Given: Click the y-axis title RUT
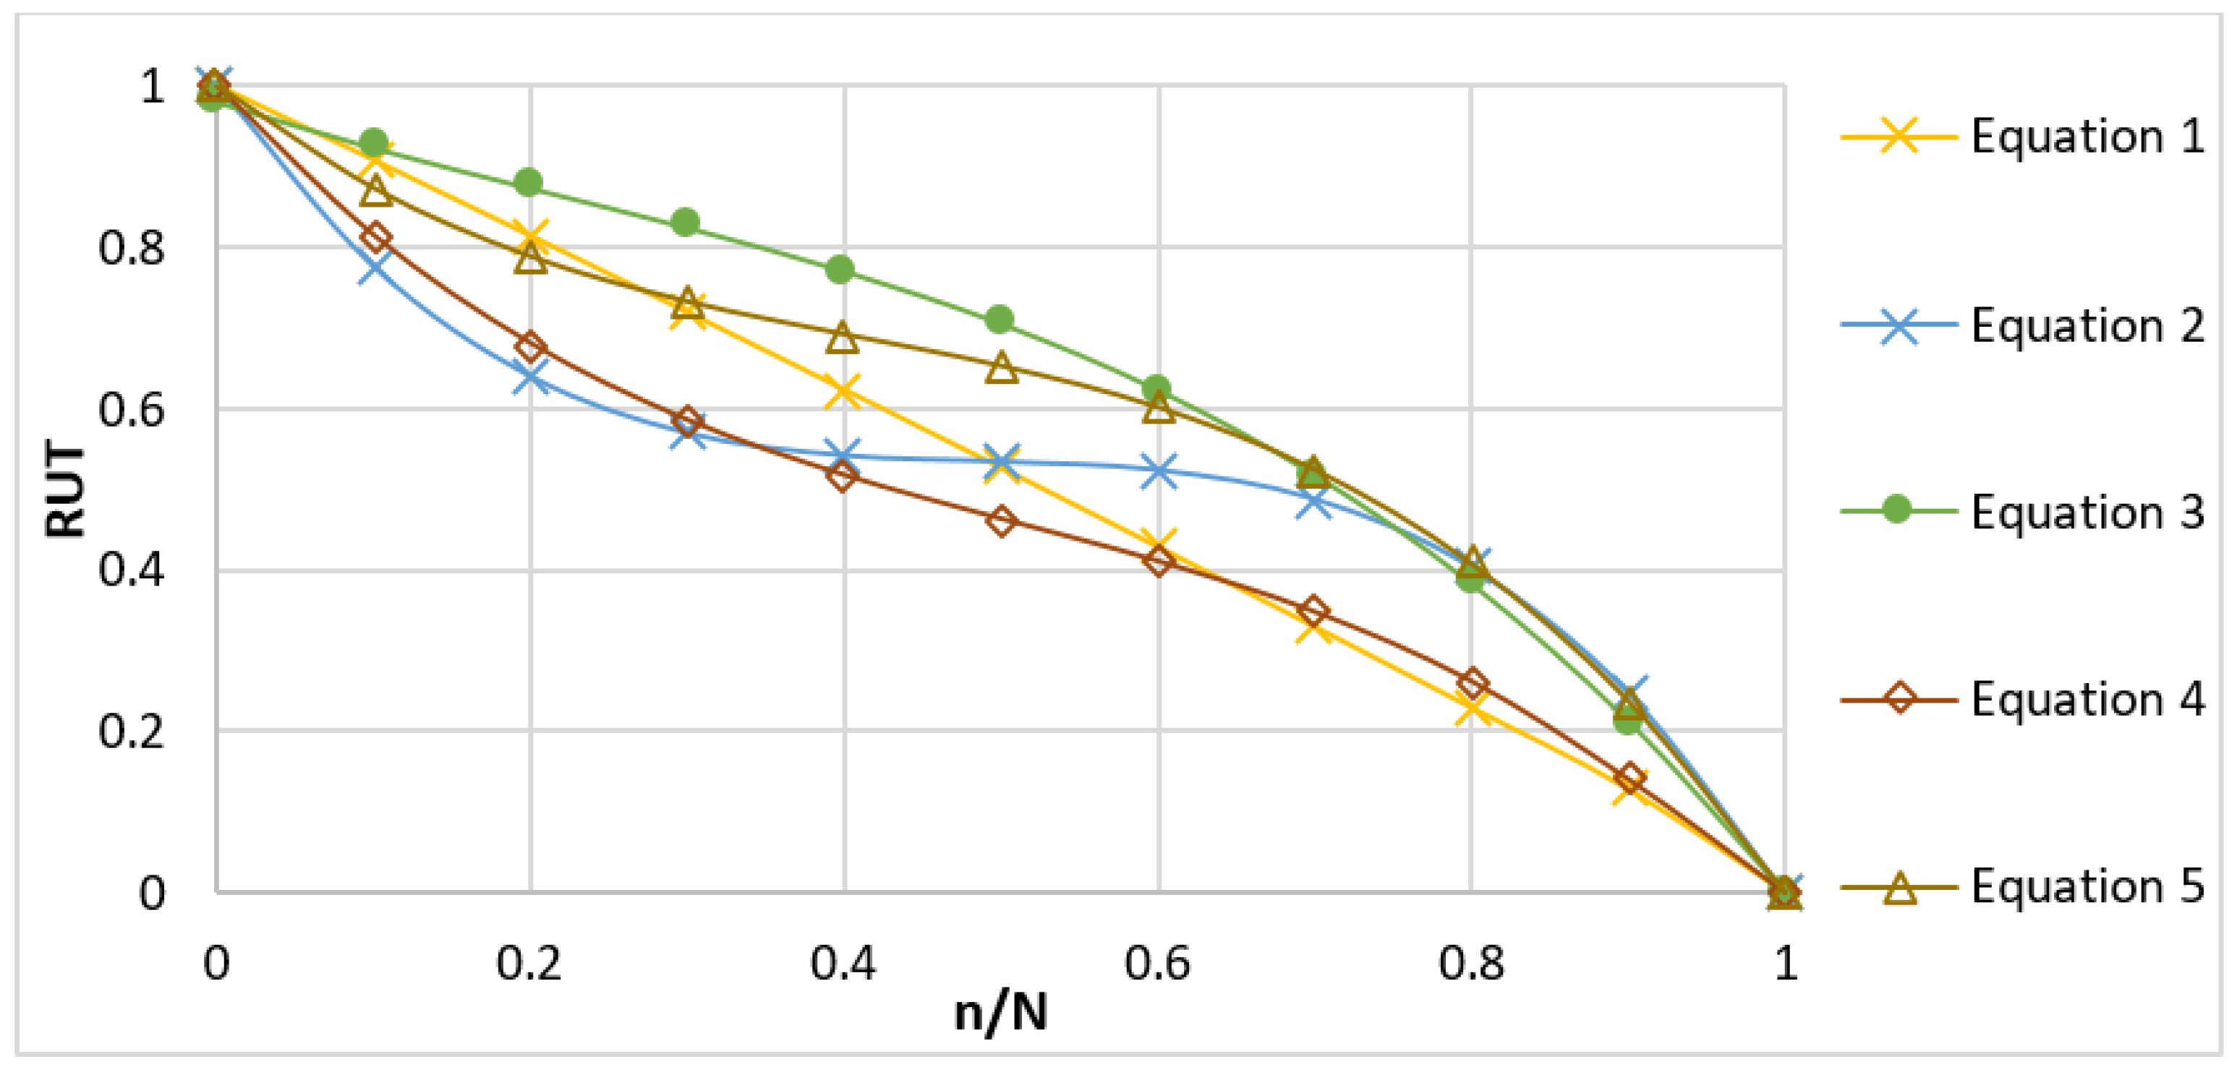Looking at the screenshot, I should coord(66,489).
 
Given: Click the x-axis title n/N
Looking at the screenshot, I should coord(1000,1012).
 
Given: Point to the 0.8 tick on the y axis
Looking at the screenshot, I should coord(131,248).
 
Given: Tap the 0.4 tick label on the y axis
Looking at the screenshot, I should coord(131,571).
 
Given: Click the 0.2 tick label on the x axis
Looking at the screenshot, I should coord(529,963).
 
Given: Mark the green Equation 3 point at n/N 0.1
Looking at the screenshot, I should coord(375,142).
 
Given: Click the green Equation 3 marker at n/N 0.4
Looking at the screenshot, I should coord(840,269).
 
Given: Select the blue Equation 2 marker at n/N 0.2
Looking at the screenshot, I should coord(529,379).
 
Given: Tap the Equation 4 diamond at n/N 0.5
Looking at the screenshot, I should coord(1001,521).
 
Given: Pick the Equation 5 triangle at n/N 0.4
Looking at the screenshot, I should coord(841,338).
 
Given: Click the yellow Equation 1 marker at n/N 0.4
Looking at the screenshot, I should coord(843,390).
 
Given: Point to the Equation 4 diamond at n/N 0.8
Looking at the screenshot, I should coord(1471,684).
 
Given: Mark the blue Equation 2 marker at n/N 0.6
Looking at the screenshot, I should coord(1159,471).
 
